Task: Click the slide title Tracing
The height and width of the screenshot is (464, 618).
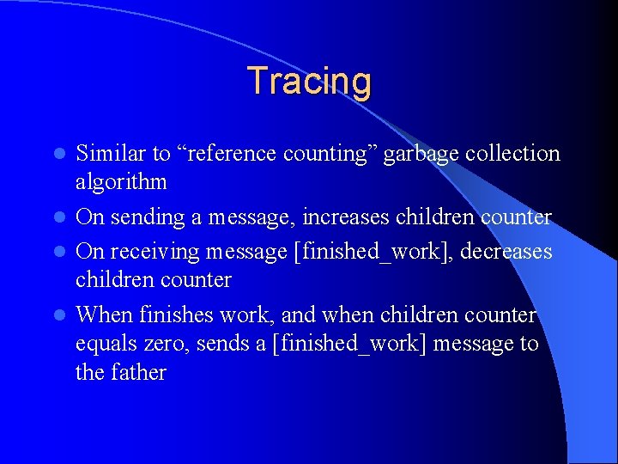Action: [309, 81]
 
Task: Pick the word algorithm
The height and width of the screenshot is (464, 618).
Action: [121, 183]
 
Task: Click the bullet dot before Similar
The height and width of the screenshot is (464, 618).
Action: [59, 155]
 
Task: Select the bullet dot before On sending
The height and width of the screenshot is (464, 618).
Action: [59, 218]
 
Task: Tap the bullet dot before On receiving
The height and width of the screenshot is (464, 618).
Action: [59, 252]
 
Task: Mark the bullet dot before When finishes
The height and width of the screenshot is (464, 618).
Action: [59, 315]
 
